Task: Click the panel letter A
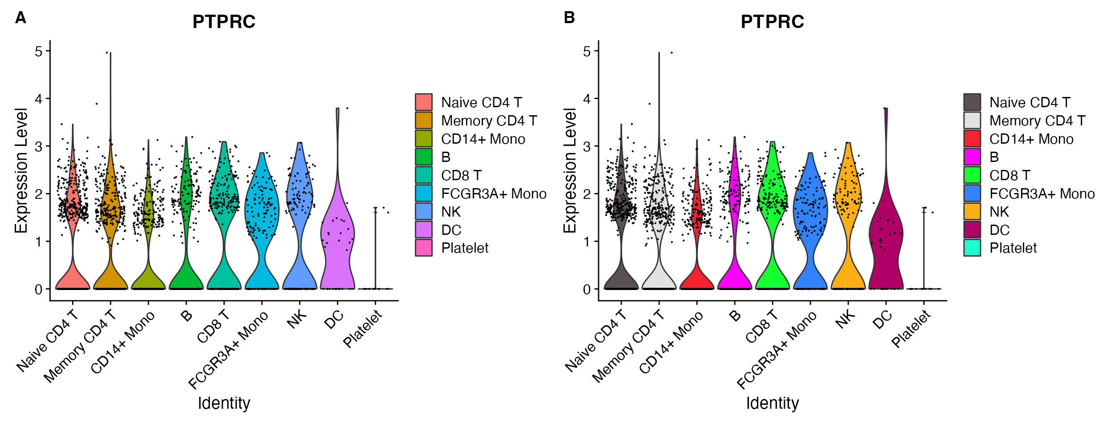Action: click(x=20, y=18)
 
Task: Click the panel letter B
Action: click(x=569, y=18)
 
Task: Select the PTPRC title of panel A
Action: click(x=224, y=22)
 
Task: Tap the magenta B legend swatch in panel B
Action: click(x=972, y=157)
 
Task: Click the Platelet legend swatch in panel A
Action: click(x=424, y=248)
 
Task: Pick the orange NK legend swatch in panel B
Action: click(x=972, y=212)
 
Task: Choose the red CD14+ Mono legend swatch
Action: click(x=972, y=139)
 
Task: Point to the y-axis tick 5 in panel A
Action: click(x=39, y=52)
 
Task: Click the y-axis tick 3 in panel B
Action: click(x=587, y=147)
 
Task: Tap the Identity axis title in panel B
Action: click(x=772, y=403)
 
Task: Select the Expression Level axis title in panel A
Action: click(x=21, y=170)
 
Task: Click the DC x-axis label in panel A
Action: click(x=334, y=319)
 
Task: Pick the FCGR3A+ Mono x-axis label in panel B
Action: click(x=776, y=350)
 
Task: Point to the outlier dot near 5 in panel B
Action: click(x=672, y=53)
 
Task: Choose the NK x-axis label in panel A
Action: click(x=297, y=319)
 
